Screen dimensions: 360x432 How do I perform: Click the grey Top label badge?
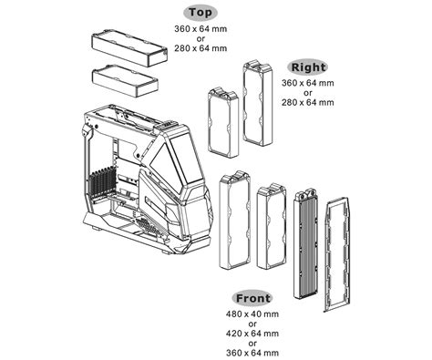(x=201, y=13)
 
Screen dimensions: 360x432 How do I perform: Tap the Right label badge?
(x=308, y=67)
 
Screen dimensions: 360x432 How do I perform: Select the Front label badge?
(x=252, y=298)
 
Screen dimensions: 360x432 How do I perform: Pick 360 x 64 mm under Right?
(x=309, y=83)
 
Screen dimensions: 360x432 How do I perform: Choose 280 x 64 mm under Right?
(x=309, y=102)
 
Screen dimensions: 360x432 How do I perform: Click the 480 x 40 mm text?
(x=252, y=314)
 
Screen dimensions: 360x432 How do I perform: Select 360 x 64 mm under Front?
(x=252, y=352)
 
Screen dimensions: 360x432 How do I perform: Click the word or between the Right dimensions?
(x=309, y=92)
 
